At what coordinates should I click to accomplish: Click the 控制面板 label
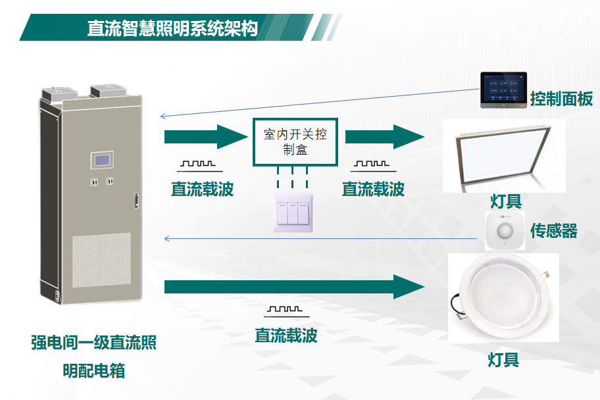(x=561, y=99)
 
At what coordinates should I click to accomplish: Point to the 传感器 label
(x=553, y=230)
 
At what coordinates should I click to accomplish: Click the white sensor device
(x=505, y=230)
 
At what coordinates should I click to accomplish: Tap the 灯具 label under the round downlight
(x=503, y=359)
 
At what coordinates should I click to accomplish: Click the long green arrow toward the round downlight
(x=293, y=287)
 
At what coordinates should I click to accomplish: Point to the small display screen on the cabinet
(x=103, y=161)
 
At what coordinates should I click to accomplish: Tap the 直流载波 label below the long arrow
(x=286, y=336)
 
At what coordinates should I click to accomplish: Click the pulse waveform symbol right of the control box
(x=373, y=164)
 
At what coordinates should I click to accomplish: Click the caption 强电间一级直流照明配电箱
(x=93, y=356)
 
